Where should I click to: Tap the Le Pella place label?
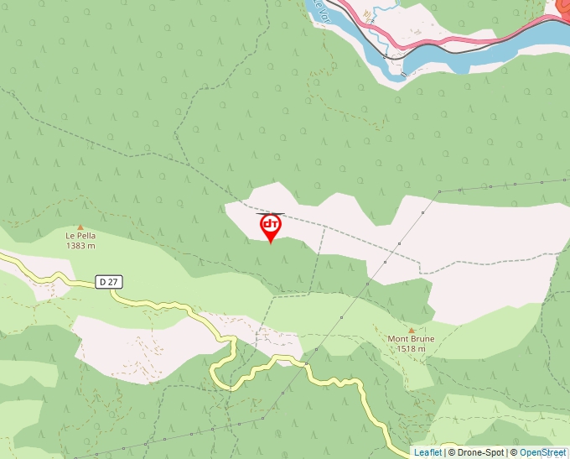tap(80, 236)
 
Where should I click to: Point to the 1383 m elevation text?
tap(80, 246)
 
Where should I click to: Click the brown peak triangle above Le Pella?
tap(80, 227)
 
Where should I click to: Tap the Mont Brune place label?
tap(411, 339)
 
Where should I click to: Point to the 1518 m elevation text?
tap(411, 349)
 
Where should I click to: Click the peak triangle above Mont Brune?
tap(411, 330)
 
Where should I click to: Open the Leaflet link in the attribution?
tap(427, 452)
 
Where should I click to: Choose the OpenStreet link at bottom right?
tap(542, 452)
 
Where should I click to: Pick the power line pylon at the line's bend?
tap(438, 191)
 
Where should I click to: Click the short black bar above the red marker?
tap(270, 214)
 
